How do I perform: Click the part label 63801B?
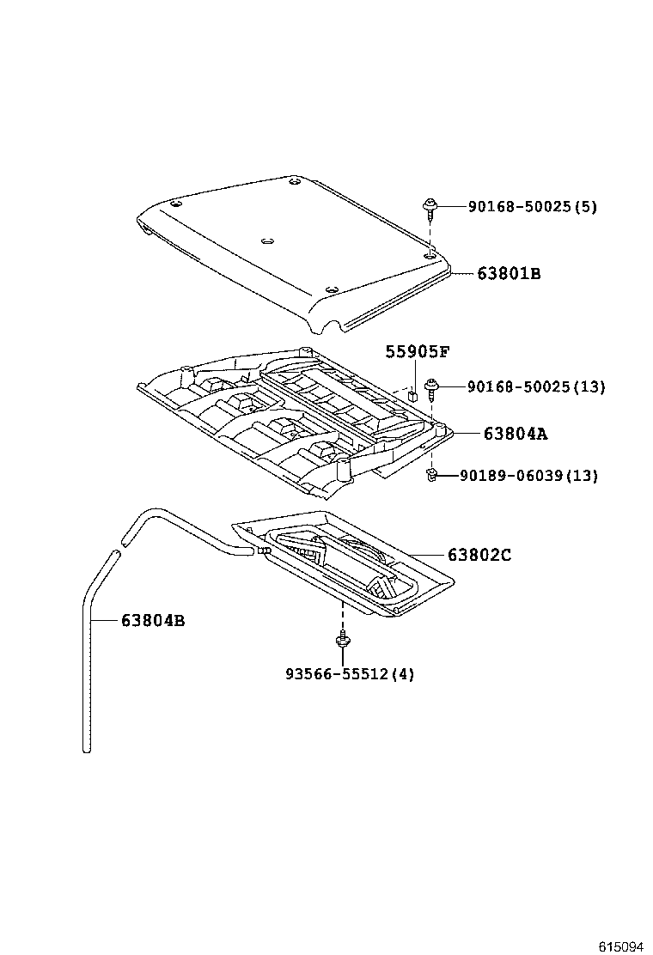[x=510, y=274]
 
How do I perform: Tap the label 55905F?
[x=418, y=351]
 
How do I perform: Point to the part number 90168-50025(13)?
[x=536, y=387]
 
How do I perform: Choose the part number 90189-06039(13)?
[x=528, y=475]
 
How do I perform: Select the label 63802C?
[x=479, y=555]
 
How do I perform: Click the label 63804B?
[x=152, y=620]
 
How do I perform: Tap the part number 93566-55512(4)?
[x=350, y=674]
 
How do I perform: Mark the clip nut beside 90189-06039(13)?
[x=434, y=474]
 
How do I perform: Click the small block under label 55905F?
[x=413, y=396]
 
